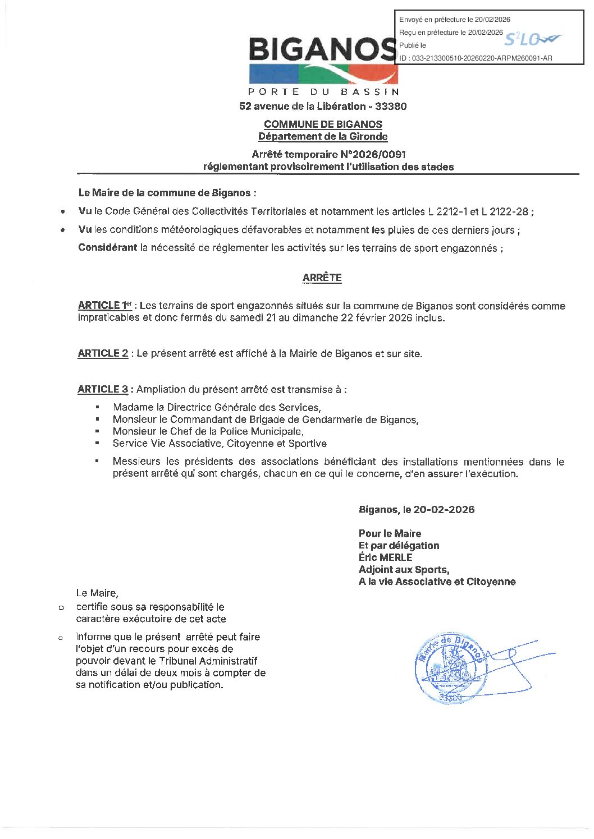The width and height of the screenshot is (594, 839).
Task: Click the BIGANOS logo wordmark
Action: point(323,50)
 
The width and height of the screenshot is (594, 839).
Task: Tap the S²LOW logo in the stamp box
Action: point(532,39)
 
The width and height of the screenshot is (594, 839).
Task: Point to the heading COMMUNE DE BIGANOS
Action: point(323,125)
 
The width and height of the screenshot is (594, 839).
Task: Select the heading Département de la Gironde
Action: point(323,136)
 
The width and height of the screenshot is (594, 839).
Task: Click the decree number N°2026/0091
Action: point(372,154)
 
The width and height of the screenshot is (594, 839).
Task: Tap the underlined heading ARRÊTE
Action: point(322,278)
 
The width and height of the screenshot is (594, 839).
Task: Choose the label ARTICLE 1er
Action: point(104,306)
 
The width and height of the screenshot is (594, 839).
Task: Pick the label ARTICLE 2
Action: point(103,353)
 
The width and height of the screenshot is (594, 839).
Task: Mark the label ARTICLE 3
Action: point(103,389)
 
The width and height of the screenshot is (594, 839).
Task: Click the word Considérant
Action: point(108,248)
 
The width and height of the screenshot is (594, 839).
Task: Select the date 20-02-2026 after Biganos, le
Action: point(444,510)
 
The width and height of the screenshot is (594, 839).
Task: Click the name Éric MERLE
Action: point(385,557)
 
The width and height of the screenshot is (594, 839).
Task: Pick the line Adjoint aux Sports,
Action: point(404,570)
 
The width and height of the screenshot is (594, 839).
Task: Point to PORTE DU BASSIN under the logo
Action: point(323,91)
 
